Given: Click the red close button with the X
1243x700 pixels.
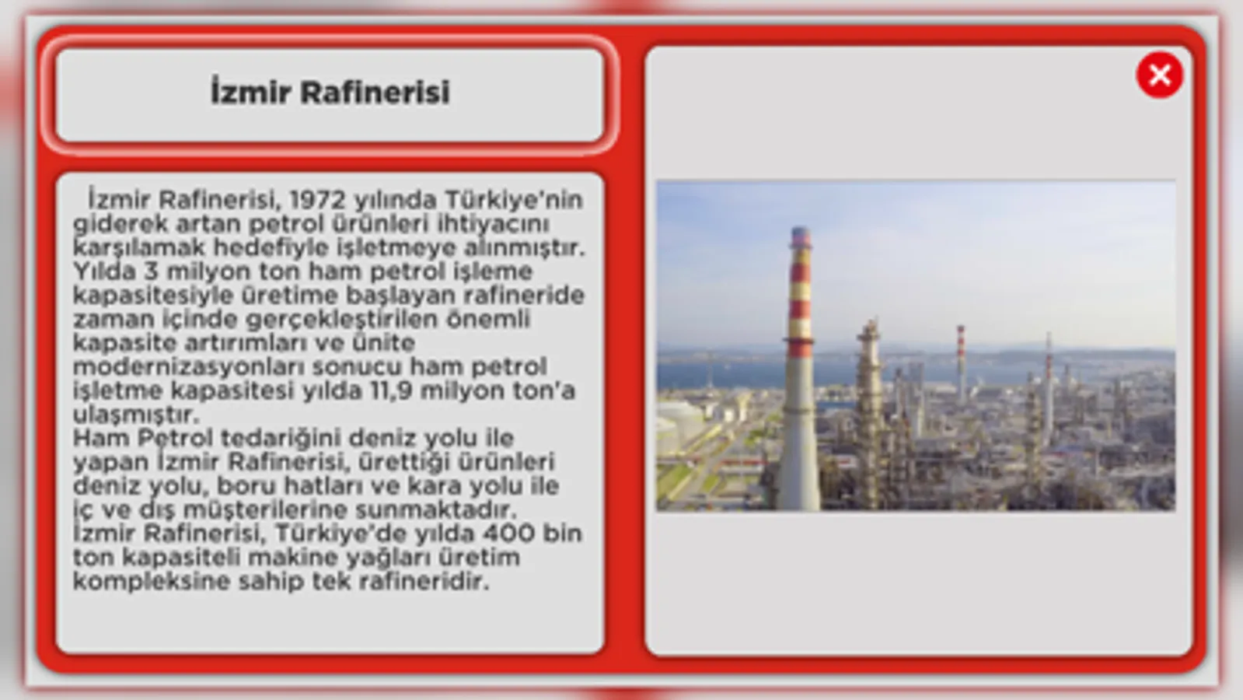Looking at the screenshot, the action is coord(1159,75).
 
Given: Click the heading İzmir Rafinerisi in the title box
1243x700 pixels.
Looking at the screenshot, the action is coord(330,92).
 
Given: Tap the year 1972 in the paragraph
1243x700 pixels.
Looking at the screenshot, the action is coord(318,199).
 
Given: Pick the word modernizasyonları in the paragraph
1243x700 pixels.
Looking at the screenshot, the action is coord(189,367).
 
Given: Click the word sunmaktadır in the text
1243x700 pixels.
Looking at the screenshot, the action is coord(436,509).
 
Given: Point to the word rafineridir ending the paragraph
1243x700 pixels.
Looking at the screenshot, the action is coord(424,581).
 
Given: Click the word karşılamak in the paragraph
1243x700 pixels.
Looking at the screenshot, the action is coord(139,247).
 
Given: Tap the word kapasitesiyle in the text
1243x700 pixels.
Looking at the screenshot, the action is coord(152,296).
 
